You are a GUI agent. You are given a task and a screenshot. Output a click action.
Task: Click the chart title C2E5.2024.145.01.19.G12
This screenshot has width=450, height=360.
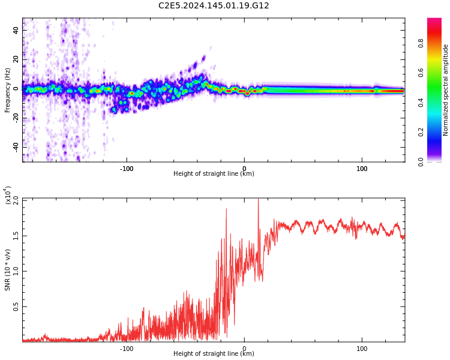(x=214, y=6)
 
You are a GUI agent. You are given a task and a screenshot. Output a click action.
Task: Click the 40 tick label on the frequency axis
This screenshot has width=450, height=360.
(x=16, y=30)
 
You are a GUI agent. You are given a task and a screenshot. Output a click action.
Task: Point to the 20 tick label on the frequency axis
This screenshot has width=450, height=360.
(x=16, y=59)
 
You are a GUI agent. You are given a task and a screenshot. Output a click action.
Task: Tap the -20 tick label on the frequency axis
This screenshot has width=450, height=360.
(x=14, y=118)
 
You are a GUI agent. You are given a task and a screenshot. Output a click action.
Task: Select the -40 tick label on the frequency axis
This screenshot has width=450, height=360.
(x=14, y=147)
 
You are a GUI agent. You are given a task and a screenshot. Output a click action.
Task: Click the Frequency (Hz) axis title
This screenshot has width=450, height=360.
(x=8, y=90)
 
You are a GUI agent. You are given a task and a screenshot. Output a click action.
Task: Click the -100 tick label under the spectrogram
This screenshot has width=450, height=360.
(x=126, y=169)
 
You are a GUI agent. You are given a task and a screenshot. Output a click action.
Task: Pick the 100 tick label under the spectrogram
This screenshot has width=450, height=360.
(x=362, y=169)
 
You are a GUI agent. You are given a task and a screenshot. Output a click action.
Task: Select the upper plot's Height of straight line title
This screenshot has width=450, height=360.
(x=214, y=174)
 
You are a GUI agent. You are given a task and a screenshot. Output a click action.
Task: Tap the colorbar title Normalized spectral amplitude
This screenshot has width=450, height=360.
(x=446, y=90)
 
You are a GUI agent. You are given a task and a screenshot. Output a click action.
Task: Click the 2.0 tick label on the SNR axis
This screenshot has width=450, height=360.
(x=16, y=199)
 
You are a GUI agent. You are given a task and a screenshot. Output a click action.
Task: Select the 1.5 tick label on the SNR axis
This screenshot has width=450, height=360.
(x=16, y=235)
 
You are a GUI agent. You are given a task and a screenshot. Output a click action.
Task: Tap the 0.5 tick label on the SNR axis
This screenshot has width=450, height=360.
(x=16, y=307)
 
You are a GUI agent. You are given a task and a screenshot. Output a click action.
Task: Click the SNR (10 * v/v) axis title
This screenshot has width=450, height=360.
(x=8, y=270)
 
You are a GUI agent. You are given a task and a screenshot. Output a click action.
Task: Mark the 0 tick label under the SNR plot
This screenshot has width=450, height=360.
(x=244, y=349)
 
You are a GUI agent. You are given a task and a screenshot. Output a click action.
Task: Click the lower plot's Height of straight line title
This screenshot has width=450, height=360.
(x=214, y=354)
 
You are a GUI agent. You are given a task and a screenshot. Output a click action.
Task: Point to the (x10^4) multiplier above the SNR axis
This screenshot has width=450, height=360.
(x=8, y=196)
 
